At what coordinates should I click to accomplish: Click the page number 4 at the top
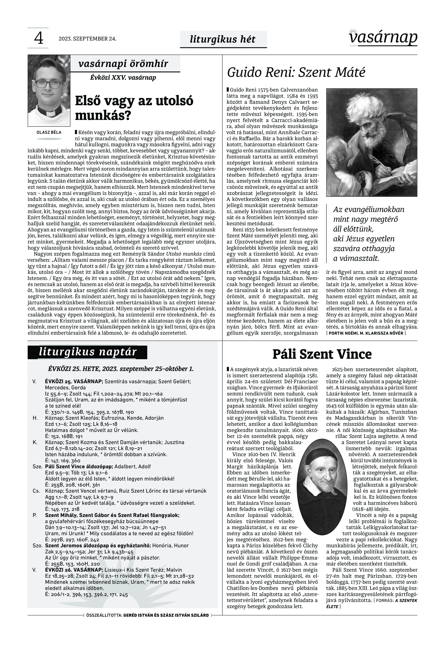point(38,38)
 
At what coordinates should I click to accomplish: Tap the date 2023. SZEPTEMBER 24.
point(87,39)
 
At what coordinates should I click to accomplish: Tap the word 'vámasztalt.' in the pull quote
point(356,258)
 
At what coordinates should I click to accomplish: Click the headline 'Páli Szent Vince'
point(322,354)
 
